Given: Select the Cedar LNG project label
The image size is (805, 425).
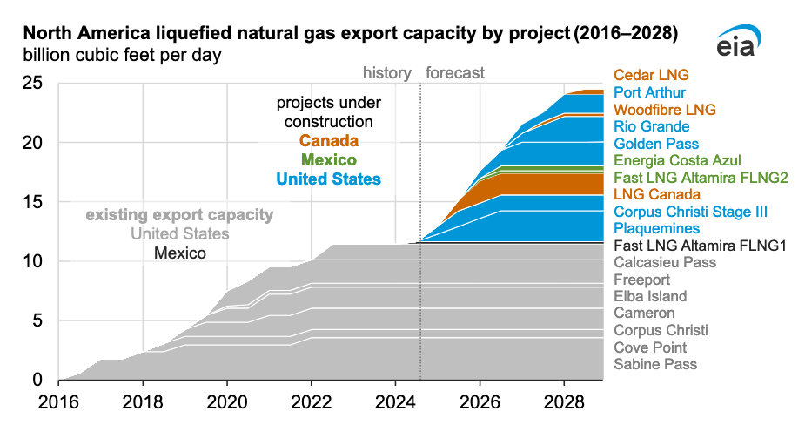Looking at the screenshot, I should [651, 75].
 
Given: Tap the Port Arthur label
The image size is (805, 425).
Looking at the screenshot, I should [649, 92].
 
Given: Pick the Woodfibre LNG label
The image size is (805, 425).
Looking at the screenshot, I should [664, 110].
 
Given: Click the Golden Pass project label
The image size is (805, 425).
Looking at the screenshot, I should [656, 144].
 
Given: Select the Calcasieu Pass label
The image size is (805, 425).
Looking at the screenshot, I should [665, 262].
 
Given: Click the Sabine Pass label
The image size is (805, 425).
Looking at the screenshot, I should [655, 364].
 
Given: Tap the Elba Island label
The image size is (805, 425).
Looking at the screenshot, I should [650, 296].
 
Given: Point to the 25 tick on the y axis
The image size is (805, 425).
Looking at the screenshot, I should [31, 84].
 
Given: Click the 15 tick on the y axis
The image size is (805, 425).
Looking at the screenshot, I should [31, 202].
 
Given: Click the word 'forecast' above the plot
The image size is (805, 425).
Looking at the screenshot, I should [455, 73].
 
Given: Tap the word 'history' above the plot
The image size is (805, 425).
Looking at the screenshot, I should [386, 73].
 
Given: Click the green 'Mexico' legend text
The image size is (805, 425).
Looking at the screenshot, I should [328, 160].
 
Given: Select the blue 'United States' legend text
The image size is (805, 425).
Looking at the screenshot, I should [328, 179].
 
